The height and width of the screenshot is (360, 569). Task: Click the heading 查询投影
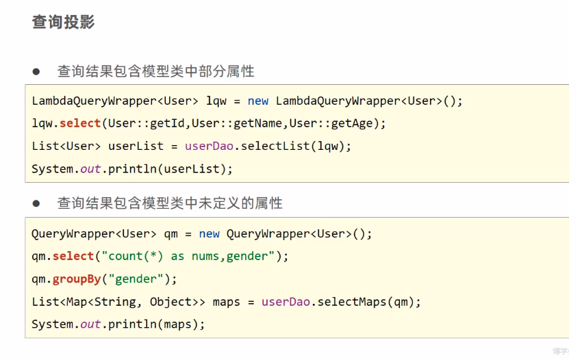[x=63, y=22]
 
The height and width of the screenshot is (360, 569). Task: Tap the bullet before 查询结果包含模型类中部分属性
[x=37, y=71]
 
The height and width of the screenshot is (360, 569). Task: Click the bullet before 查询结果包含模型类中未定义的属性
[x=37, y=203]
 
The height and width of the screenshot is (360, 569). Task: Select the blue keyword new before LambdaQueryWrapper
[x=258, y=101]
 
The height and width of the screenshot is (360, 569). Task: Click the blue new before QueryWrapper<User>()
[x=209, y=233]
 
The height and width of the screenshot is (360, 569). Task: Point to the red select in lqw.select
[x=80, y=123]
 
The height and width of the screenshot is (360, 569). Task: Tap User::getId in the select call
[x=147, y=123]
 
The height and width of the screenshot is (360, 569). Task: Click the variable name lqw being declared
[x=216, y=101]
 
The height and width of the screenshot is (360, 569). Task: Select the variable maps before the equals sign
[x=226, y=301]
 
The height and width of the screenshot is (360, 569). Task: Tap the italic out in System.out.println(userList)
[x=90, y=168]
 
